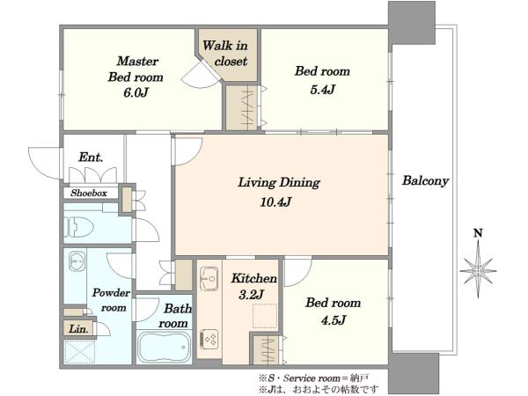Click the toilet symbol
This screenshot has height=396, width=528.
click(79, 227)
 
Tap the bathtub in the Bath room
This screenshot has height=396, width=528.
click(164, 348)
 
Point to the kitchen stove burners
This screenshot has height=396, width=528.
click(209, 340)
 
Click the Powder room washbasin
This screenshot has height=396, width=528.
click(76, 262)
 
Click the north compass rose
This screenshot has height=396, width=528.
click(478, 270)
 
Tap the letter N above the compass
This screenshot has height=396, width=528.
click(478, 232)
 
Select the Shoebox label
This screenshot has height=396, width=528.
click(89, 193)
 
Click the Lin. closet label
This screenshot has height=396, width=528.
click(78, 328)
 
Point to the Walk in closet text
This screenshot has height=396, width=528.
click(225, 53)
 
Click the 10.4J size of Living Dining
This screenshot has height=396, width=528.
click(275, 202)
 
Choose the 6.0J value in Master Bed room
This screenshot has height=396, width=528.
click(136, 92)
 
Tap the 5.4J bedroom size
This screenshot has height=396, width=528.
click(323, 90)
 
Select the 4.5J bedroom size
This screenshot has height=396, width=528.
click(333, 320)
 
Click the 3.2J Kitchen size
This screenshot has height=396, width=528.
click(251, 295)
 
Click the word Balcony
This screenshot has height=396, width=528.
click(425, 181)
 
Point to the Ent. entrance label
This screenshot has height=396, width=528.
click(91, 158)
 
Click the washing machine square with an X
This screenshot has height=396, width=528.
click(80, 352)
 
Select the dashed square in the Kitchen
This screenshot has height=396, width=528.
click(265, 316)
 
